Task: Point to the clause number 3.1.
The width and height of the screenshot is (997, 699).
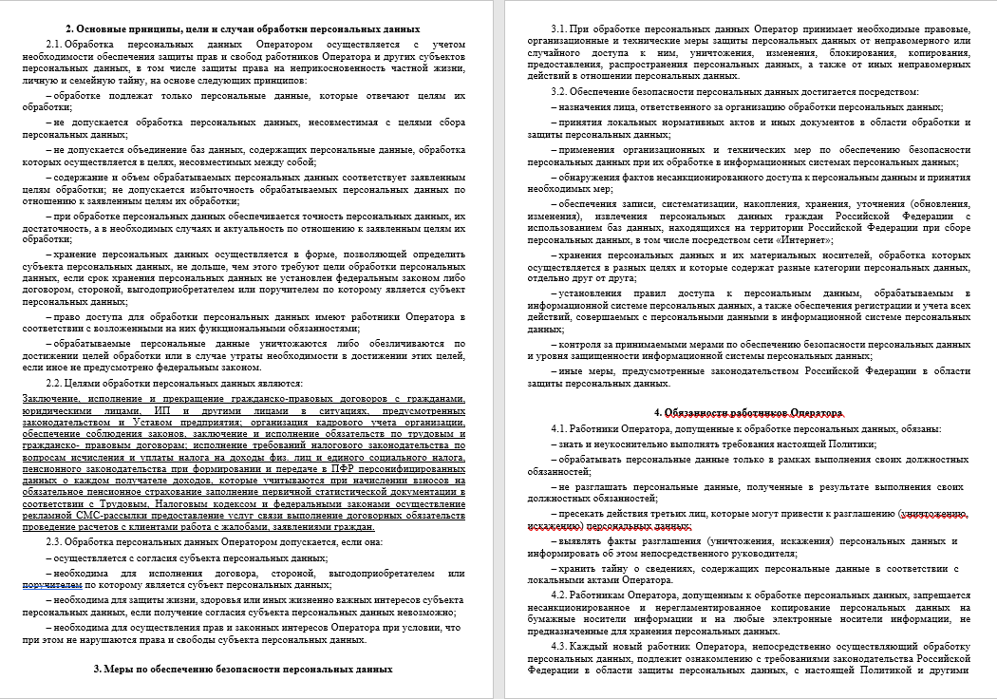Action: (560, 28)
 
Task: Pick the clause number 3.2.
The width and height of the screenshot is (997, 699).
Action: (560, 91)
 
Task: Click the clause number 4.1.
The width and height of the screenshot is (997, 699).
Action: (560, 429)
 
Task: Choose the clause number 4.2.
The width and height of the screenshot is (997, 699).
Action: (560, 593)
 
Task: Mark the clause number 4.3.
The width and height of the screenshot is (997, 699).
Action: (560, 646)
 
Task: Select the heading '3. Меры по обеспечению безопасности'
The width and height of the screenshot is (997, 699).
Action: (243, 669)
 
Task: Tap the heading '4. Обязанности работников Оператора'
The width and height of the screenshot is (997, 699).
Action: (748, 413)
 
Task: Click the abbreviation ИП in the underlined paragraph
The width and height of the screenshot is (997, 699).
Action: (161, 410)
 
